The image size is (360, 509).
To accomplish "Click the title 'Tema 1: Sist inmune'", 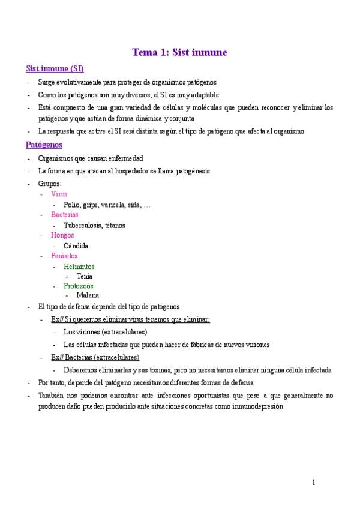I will (179, 53).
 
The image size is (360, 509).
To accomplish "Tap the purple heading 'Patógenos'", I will (44, 145).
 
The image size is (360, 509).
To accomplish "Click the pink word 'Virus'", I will (59, 194).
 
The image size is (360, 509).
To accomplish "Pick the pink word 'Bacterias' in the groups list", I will (65, 215).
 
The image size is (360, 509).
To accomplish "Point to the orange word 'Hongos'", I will (62, 235).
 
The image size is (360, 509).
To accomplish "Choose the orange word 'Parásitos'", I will (64, 256).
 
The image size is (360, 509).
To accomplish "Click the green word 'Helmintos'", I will (79, 267).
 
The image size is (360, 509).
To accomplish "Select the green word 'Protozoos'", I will (79, 286).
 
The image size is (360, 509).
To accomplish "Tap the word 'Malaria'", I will (88, 295).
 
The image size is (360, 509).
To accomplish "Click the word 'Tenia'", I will (84, 276).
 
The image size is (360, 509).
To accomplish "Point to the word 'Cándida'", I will (76, 246).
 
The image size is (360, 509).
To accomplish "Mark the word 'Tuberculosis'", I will (84, 226).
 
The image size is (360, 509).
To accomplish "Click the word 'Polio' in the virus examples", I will (71, 205).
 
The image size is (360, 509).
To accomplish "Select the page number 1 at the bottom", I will (313, 483).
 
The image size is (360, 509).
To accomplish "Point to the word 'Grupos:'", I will (49, 184).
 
